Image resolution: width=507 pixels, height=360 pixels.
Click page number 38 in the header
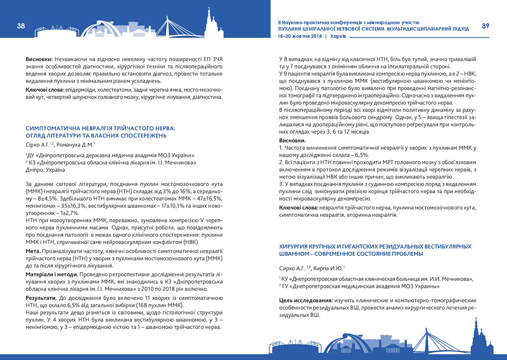(21, 26)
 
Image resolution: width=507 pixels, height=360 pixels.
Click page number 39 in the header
(485, 26)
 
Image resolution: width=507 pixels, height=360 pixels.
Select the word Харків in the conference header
(339, 36)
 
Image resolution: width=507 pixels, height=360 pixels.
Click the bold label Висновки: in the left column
(39, 59)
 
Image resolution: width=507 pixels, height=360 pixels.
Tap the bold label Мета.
(34, 250)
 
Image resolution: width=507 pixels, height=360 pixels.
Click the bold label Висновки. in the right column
(293, 140)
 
